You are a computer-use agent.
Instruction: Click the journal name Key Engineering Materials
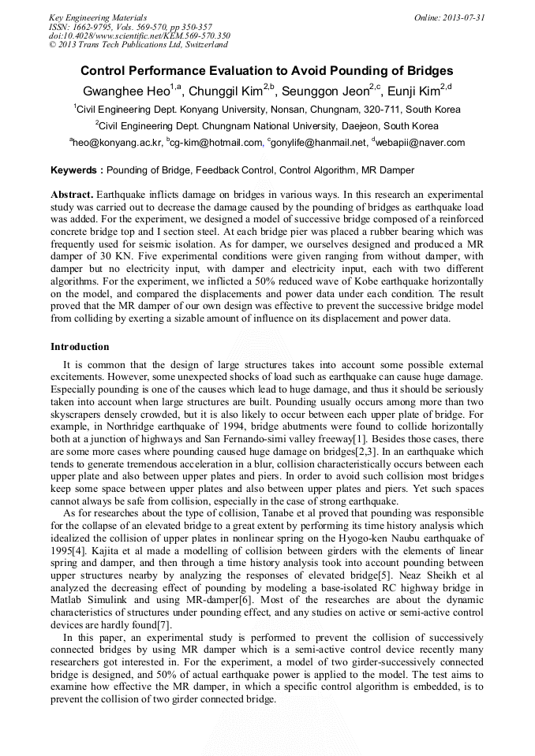point(97,17)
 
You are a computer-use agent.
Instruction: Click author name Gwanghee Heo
point(127,91)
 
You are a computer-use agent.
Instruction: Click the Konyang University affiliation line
point(267,110)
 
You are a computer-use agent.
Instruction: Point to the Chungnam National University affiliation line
point(267,126)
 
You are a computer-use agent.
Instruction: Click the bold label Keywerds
point(77,170)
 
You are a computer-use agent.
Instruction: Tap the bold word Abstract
point(72,194)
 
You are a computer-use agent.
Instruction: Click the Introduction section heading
point(80,347)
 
